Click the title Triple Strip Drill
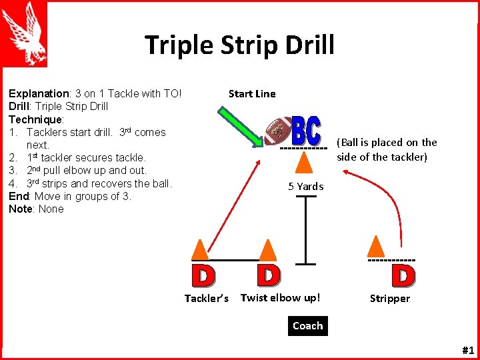(x=239, y=45)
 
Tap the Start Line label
(x=251, y=94)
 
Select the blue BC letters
(x=306, y=130)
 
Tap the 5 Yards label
(x=305, y=187)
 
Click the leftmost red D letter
(x=203, y=275)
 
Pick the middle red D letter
(x=268, y=274)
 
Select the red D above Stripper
(x=403, y=275)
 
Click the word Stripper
(x=390, y=299)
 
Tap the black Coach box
(x=307, y=326)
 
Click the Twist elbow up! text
(x=280, y=298)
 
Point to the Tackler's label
(x=207, y=299)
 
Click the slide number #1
(x=467, y=350)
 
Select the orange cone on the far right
(x=377, y=246)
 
